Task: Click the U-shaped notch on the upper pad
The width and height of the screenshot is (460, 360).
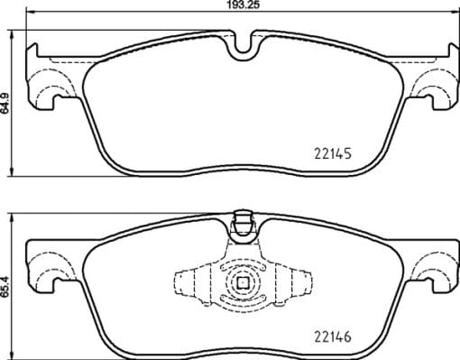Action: click(x=241, y=47)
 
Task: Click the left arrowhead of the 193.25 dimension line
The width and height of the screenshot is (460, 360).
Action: click(x=30, y=14)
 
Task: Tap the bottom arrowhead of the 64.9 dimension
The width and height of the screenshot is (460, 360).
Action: click(x=14, y=171)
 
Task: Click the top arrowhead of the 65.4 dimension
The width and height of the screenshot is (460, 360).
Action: click(x=14, y=217)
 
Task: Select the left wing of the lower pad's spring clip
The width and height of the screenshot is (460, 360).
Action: click(x=190, y=282)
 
